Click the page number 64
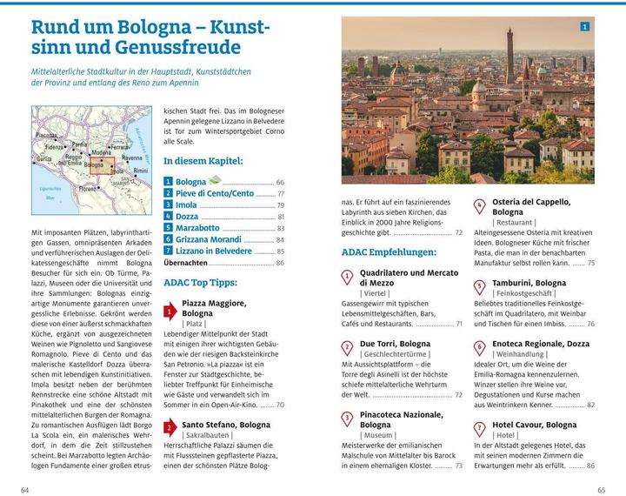point(25,490)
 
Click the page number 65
point(602,490)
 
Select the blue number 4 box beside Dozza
point(169,216)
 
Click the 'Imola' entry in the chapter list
point(186,204)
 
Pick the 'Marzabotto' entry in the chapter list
point(197,228)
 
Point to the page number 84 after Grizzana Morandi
point(280,239)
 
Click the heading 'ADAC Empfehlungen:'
point(388,251)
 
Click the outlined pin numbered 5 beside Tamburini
point(479,285)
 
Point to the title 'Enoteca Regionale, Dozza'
point(540,344)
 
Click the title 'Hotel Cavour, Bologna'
point(534,425)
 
